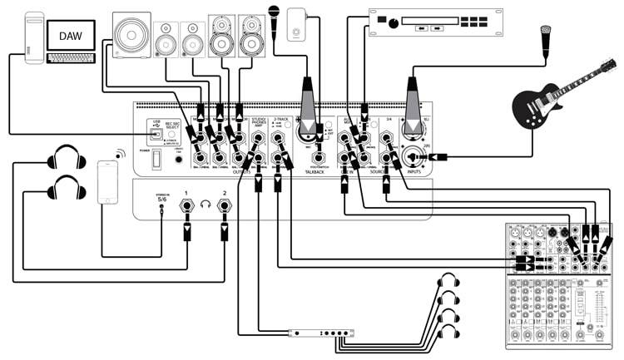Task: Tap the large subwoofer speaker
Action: [131, 37]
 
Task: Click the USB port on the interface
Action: [156, 136]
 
